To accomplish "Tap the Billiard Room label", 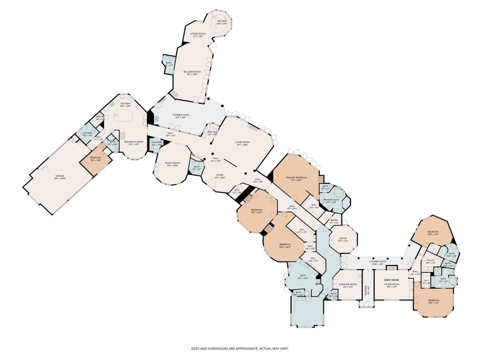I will pos(192,72).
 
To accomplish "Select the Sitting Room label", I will pos(198,34).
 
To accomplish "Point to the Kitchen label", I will pos(125,104).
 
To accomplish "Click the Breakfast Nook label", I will pos(133,142).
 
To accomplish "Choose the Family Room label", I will pos(172,163).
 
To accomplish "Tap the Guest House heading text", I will pos(391,280).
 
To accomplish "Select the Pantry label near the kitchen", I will pos(100,117).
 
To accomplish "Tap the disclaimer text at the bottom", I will pos(240,348).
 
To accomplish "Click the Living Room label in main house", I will pos(242,142).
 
